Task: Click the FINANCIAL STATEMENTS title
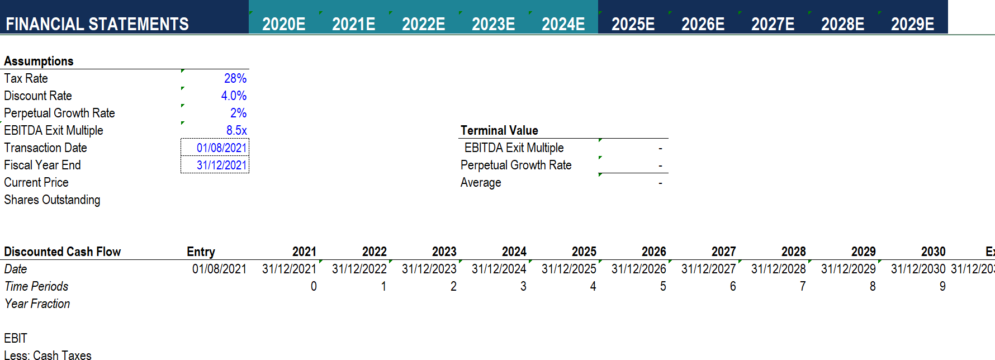click(x=97, y=24)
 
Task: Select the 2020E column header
click(x=283, y=24)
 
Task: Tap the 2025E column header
click(x=633, y=24)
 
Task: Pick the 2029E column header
click(x=912, y=24)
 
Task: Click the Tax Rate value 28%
click(x=235, y=78)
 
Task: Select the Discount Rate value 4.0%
click(x=234, y=96)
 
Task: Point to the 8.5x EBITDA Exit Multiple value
click(x=236, y=130)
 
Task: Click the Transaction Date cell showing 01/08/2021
click(x=221, y=148)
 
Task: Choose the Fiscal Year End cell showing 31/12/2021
click(x=221, y=165)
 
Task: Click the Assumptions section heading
click(x=39, y=61)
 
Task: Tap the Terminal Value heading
click(x=499, y=130)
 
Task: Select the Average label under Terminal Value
click(x=481, y=182)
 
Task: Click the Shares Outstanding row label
click(x=52, y=200)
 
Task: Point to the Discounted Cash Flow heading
click(x=62, y=252)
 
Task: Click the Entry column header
click(x=201, y=252)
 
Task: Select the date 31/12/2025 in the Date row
click(x=568, y=269)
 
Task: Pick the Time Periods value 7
click(x=802, y=286)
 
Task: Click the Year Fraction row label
click(x=37, y=304)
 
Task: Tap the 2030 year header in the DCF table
click(x=933, y=252)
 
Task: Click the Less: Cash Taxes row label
click(x=48, y=355)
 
